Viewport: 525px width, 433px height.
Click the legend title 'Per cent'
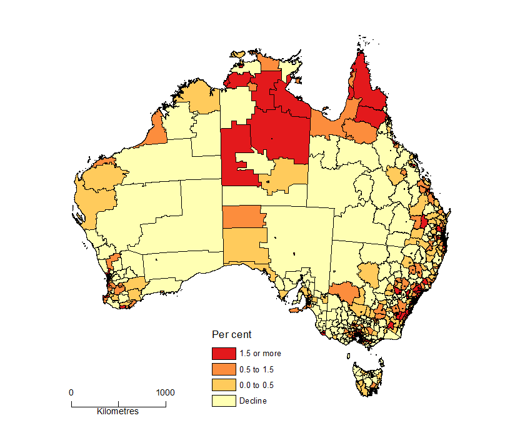coord(232,335)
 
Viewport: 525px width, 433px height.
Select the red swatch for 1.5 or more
coord(224,354)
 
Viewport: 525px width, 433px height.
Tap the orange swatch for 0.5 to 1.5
coord(224,369)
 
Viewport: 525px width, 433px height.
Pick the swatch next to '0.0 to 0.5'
coord(224,385)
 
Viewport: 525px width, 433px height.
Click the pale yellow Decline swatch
coord(224,401)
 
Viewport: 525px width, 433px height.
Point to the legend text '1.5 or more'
coord(260,354)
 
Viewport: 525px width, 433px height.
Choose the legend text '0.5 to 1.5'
coord(256,369)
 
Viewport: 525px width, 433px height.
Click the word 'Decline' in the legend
coord(252,401)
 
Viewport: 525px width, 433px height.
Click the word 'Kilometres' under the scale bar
coord(118,412)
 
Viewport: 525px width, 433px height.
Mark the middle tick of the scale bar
coord(118,404)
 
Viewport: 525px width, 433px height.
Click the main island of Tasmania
coord(369,379)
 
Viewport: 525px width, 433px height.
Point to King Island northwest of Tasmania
coord(347,355)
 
